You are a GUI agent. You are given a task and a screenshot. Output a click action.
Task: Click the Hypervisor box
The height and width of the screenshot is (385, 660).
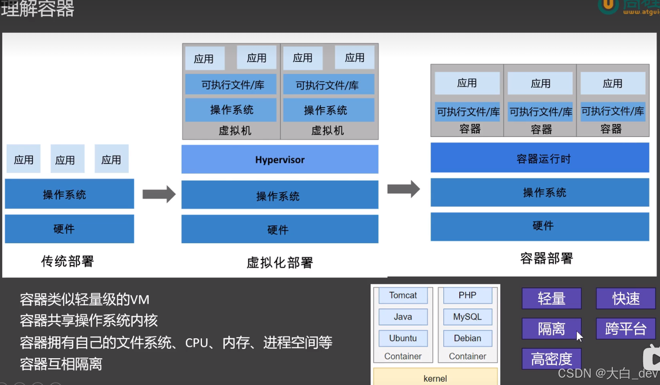[x=280, y=159]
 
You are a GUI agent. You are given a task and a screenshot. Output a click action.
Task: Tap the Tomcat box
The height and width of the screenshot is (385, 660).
[x=403, y=296]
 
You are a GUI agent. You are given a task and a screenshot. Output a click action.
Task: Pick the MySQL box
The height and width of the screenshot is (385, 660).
[x=467, y=317]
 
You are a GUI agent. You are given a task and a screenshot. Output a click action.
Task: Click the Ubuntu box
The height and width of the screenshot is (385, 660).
[x=403, y=338]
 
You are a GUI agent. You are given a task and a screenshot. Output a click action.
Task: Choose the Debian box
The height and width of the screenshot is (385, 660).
[x=467, y=338]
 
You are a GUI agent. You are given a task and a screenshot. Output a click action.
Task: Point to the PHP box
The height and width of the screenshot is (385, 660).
[x=467, y=296]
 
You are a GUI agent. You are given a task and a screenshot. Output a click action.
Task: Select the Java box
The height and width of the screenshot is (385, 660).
[x=403, y=317]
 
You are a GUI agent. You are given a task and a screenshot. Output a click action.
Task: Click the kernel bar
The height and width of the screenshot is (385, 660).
[x=435, y=377]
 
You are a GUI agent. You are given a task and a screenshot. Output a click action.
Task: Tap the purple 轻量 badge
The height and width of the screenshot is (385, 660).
[x=551, y=298]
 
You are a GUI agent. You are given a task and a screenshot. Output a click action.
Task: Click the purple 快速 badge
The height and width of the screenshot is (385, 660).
[x=625, y=298]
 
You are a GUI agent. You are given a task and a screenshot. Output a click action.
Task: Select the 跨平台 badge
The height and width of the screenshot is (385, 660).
[x=625, y=329]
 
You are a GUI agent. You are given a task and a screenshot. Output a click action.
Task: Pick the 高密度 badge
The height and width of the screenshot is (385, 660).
[x=551, y=359]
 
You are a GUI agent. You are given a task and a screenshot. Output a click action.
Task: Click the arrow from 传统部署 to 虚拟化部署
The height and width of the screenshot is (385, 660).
[x=159, y=194]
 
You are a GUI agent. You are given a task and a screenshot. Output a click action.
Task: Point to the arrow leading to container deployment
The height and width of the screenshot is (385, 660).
[x=404, y=189]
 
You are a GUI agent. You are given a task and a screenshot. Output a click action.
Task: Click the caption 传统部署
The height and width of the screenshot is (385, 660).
[x=67, y=261]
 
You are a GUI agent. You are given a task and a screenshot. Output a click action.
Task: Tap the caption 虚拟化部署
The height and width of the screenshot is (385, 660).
[x=279, y=262]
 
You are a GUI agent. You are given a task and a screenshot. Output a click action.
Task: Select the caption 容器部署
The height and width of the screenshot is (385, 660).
[x=546, y=258]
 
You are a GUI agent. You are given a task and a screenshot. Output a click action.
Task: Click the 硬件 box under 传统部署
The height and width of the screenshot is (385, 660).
[x=69, y=229]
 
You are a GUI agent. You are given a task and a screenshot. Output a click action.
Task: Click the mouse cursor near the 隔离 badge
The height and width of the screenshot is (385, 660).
[x=580, y=336]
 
